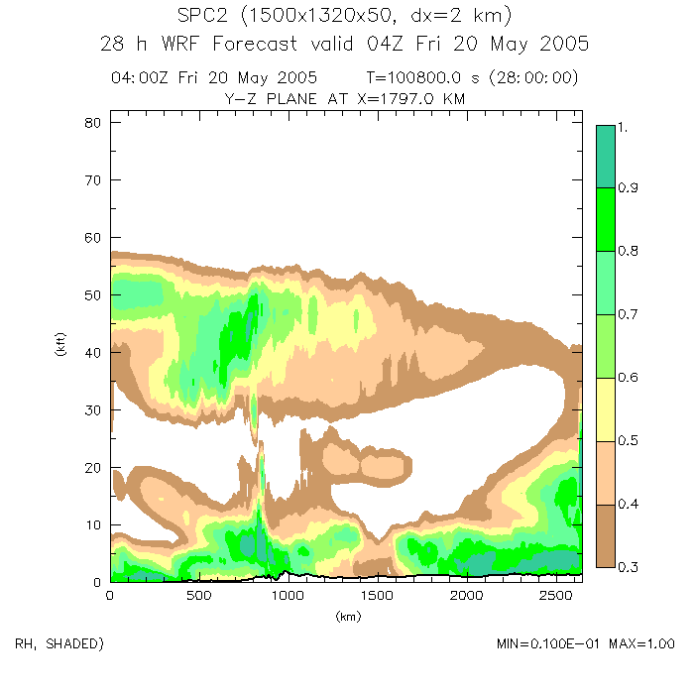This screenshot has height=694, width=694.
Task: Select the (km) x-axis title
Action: point(347,616)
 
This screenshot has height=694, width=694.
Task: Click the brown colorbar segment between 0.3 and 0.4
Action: point(606,535)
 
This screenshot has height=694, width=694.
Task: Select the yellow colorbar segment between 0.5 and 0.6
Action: point(606,408)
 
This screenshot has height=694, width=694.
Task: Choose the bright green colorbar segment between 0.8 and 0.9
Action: point(606,218)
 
